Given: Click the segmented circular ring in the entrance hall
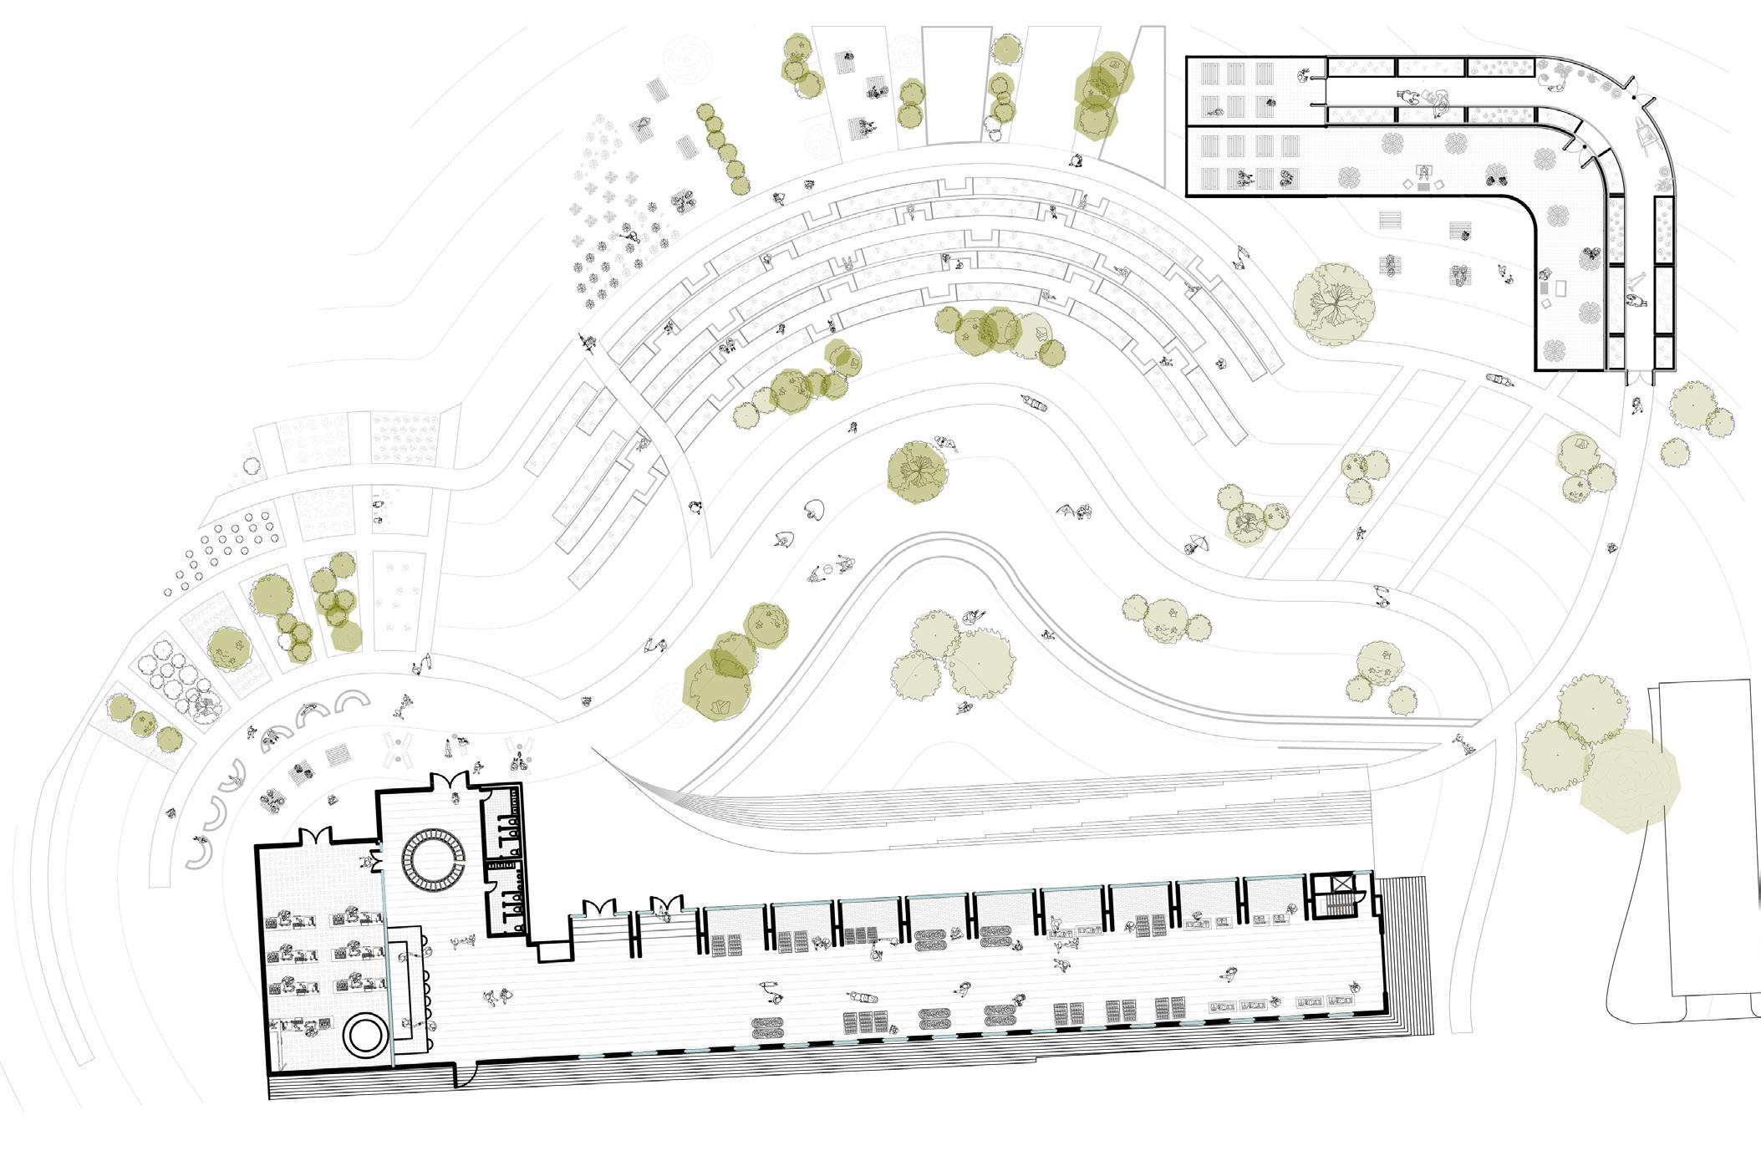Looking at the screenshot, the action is click(432, 861).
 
